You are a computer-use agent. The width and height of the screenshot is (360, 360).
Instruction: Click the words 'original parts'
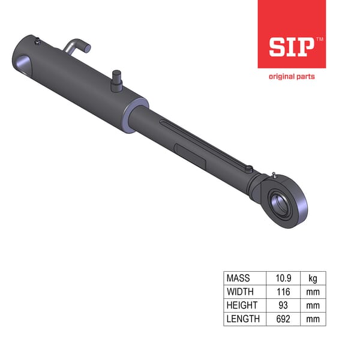pos(291,76)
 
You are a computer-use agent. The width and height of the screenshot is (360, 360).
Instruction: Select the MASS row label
pos(238,278)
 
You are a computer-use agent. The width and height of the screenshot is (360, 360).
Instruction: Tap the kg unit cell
pos(312,278)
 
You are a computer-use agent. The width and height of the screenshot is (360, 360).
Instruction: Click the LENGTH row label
pos(243,319)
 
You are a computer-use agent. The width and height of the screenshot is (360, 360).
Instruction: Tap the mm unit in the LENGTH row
pos(312,319)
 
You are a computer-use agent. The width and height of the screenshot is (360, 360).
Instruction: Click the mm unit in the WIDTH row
pos(312,292)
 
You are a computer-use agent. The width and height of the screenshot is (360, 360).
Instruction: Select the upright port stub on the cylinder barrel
pos(116,80)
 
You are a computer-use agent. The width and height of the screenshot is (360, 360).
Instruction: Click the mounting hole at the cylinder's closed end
pos(23,62)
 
